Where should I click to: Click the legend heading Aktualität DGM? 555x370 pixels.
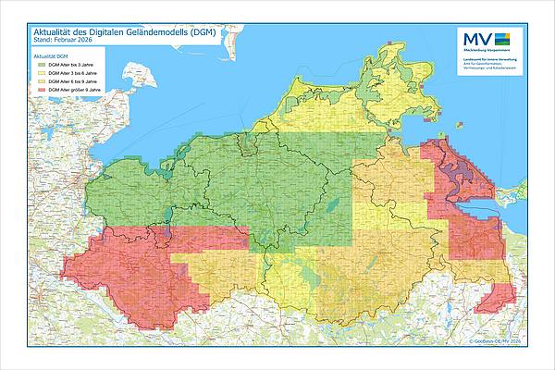(x=51, y=56)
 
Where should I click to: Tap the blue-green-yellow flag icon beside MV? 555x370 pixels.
(x=501, y=39)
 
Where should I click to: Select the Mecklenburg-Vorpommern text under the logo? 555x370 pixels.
(x=487, y=50)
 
